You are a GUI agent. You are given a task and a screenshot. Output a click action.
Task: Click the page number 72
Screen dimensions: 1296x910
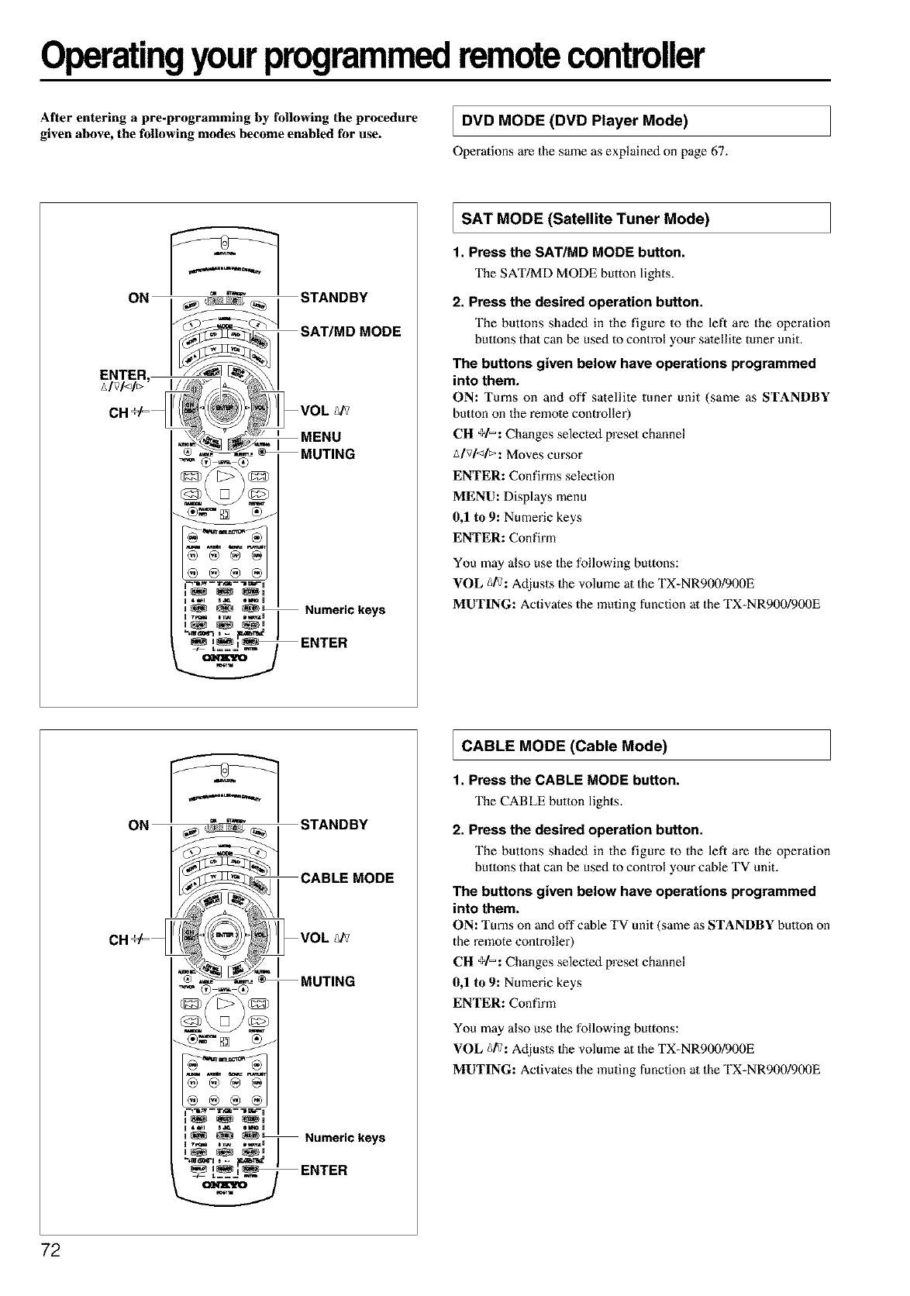[x=52, y=1251]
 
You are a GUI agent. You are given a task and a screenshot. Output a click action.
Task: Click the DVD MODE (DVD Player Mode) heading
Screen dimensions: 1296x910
[x=574, y=120]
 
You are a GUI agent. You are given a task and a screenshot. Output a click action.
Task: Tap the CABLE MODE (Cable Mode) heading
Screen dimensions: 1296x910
[x=564, y=746]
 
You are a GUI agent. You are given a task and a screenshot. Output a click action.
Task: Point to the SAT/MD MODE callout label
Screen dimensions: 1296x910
[x=350, y=332]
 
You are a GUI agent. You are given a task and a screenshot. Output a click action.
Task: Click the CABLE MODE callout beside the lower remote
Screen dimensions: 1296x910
[x=347, y=878]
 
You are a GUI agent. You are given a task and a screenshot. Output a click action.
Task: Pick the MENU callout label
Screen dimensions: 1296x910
[x=320, y=437]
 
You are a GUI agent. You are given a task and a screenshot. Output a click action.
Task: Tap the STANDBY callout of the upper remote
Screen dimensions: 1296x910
[x=334, y=298]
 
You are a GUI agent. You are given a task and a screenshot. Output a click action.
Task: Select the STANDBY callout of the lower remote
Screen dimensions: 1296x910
[x=334, y=824]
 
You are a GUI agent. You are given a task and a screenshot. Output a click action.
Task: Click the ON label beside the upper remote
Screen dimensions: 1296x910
[x=139, y=298]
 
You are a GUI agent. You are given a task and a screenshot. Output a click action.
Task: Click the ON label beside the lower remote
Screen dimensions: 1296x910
[x=139, y=825]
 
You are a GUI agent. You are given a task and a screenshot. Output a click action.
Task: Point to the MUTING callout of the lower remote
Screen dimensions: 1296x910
[x=327, y=981]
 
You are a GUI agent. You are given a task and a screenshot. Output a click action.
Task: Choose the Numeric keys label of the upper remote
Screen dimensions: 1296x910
[x=345, y=610]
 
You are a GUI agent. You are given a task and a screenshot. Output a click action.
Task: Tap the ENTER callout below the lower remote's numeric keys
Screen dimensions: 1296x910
[x=324, y=1170]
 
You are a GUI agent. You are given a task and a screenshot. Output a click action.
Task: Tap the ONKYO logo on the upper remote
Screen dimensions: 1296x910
[x=223, y=659]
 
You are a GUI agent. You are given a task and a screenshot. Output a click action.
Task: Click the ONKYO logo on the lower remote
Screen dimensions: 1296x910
[x=223, y=1186]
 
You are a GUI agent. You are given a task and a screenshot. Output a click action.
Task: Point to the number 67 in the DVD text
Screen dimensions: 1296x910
[x=719, y=151]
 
